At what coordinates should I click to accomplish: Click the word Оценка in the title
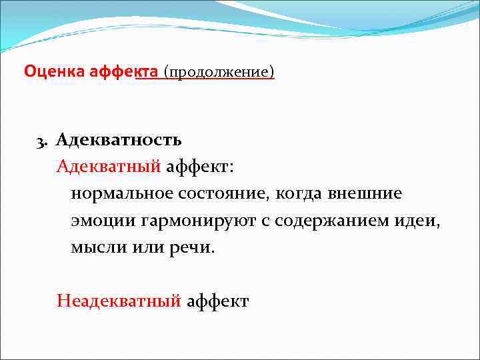click(53, 70)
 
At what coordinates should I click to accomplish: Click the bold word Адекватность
click(119, 140)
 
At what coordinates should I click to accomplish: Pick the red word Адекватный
click(109, 167)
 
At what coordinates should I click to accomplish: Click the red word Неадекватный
click(119, 301)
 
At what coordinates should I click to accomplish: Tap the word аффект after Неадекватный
click(217, 301)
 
